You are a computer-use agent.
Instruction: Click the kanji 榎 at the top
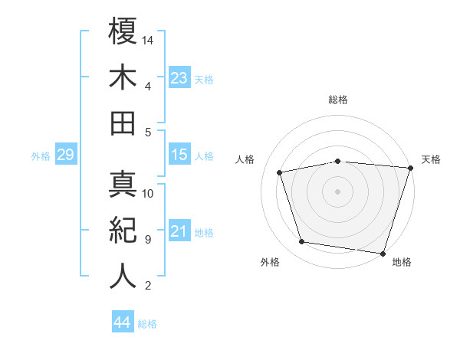coord(123,31)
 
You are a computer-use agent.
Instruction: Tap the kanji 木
coord(123,77)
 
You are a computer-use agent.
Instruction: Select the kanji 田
coord(123,123)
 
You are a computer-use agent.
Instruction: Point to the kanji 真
coord(123,185)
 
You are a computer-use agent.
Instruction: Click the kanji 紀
coord(123,231)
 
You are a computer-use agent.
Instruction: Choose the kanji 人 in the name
coord(123,277)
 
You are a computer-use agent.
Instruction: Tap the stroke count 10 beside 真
coord(149,194)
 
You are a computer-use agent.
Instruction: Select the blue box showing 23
coord(179,77)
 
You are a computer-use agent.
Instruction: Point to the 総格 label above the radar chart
coord(338,100)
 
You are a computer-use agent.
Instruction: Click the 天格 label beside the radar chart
coord(431,159)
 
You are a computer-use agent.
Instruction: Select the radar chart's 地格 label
coord(402,263)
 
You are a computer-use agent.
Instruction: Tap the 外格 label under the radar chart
coord(270,263)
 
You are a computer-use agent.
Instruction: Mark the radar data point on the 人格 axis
coord(281,172)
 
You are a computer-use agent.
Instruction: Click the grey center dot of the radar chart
coord(338,191)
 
